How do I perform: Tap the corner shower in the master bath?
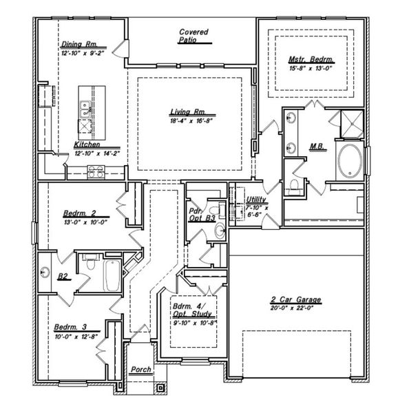point(352,123)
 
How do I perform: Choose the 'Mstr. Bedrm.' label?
point(311,59)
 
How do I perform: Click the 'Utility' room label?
point(256,200)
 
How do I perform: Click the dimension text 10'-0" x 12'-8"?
point(76,336)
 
